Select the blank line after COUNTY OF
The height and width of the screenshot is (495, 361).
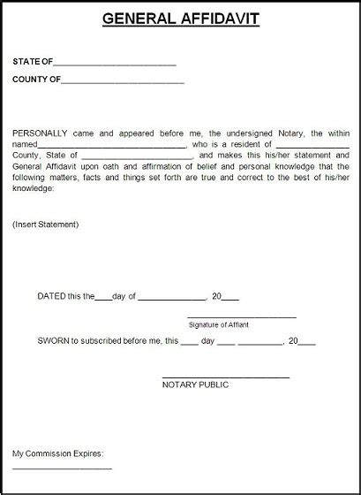click(x=123, y=82)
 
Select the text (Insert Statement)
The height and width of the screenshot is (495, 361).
click(x=46, y=225)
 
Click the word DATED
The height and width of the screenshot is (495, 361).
click(x=52, y=297)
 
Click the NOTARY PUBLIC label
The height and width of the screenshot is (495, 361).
click(x=195, y=385)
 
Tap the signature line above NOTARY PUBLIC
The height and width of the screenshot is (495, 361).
click(x=226, y=377)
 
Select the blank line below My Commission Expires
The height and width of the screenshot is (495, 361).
click(x=62, y=468)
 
